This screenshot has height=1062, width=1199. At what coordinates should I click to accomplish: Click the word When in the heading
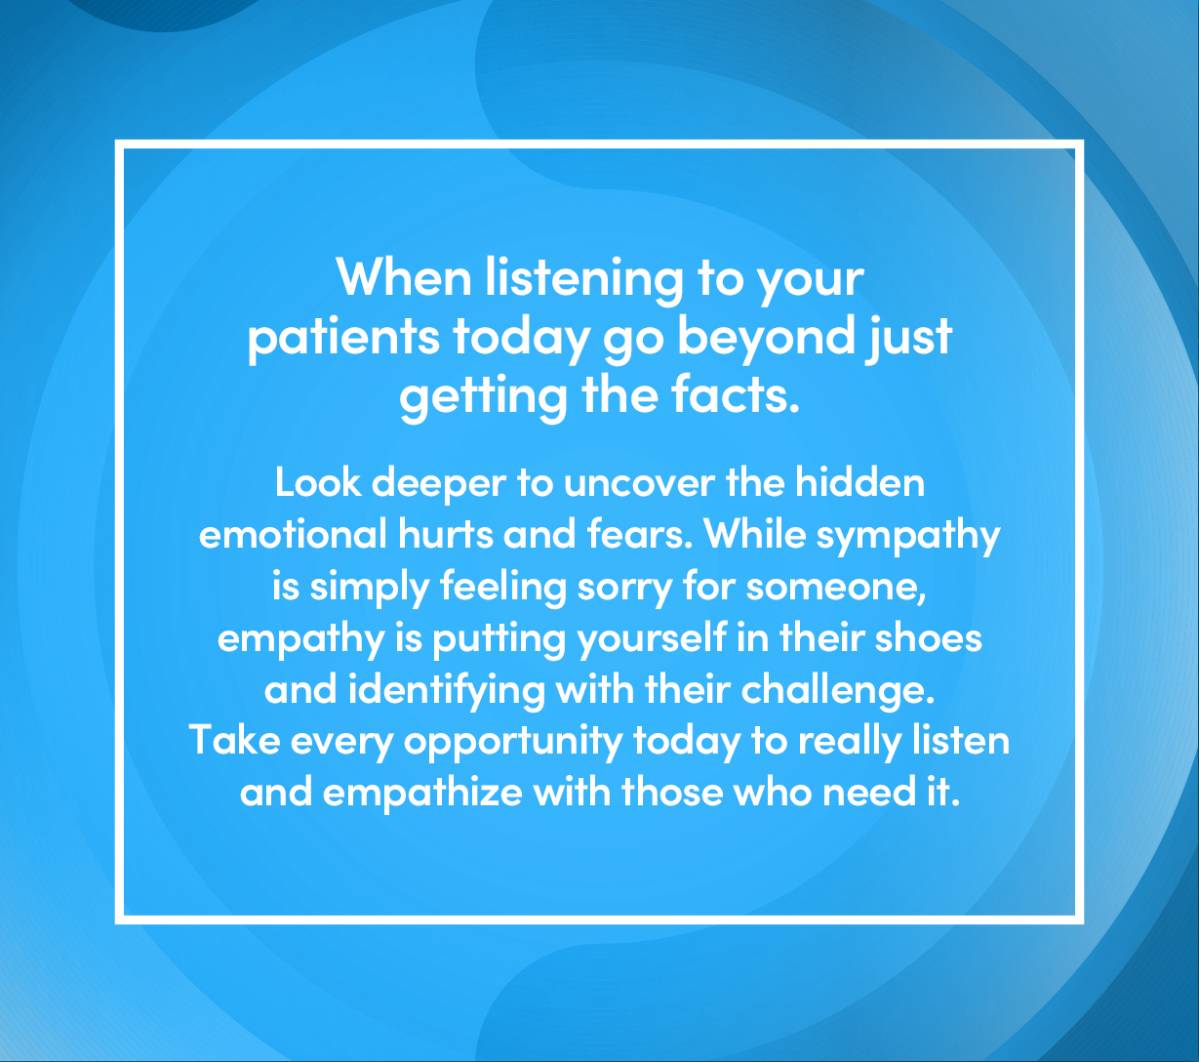404,276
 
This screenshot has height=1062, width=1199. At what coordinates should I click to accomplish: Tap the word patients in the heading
343,338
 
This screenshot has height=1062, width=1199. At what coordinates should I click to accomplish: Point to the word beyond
766,338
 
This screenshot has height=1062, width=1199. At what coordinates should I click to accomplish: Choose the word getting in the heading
483,398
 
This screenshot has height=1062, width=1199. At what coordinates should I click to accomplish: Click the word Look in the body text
318,482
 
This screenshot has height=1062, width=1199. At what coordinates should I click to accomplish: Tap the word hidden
859,482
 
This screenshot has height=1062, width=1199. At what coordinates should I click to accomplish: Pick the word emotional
293,534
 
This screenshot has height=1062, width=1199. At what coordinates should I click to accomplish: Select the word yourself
652,640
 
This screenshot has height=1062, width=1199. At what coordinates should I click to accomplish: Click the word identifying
446,692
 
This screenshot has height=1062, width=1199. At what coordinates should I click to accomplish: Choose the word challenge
837,692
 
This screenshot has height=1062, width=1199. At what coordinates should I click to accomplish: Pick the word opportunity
513,743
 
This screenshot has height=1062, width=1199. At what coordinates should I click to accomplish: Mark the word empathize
422,794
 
